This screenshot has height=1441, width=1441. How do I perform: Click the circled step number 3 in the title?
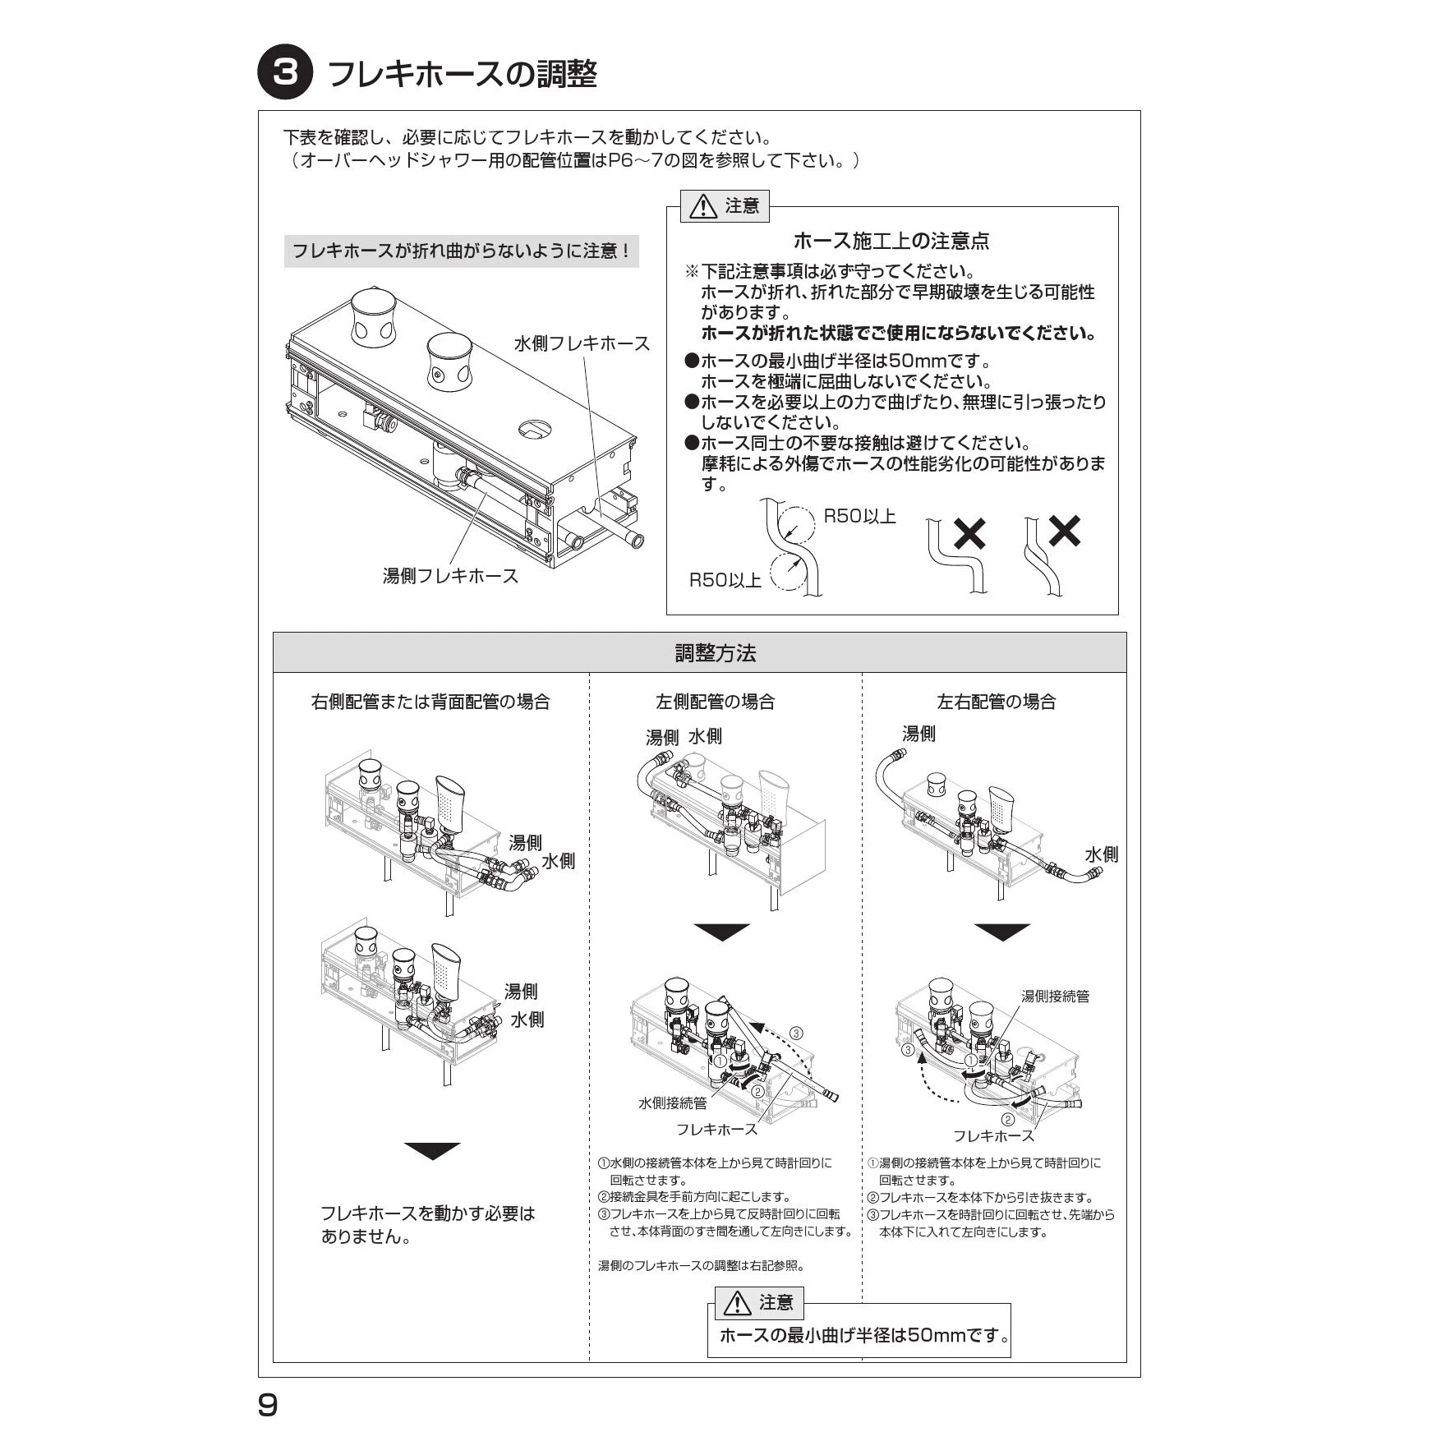pos(285,73)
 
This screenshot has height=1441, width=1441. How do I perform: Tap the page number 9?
pos(268,1405)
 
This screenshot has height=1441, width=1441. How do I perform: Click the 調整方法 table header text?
pos(715,653)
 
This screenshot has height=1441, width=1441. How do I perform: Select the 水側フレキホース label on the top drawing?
pos(582,343)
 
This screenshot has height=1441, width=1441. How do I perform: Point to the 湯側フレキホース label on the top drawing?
pos(450,576)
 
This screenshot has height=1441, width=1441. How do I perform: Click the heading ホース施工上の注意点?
pos(891,241)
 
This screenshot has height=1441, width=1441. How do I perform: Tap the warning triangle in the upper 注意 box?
pos(703,207)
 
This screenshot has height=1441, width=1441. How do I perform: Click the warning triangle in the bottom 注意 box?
pos(737,1303)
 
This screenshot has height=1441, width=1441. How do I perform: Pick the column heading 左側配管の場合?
pos(715,702)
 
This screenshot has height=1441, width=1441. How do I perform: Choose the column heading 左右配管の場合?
pos(996,702)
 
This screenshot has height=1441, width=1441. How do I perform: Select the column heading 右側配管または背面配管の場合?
pos(430,702)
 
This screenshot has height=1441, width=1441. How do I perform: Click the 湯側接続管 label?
pos(1055,997)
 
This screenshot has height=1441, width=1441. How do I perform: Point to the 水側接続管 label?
pos(672,1103)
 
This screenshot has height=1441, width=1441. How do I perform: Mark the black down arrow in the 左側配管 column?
pos(721,932)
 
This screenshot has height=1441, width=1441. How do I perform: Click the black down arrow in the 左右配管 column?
pos(1002,932)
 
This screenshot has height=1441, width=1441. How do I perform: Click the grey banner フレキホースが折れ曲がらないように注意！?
pos(461,251)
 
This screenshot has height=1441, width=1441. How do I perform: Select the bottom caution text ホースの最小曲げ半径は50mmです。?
pos(864,1335)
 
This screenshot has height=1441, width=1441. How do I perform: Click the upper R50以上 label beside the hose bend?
pos(859,517)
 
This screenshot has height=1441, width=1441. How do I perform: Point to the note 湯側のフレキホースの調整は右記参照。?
pos(701,1266)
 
